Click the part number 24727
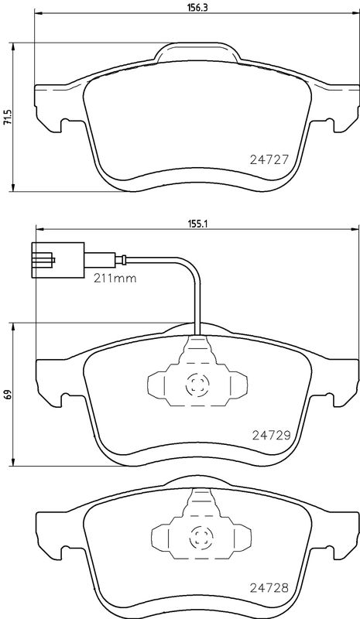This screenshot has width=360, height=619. click(270, 159)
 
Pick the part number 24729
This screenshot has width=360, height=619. click(272, 435)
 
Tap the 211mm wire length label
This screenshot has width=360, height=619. click(115, 279)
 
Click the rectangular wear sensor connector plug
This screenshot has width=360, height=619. click(58, 260)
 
